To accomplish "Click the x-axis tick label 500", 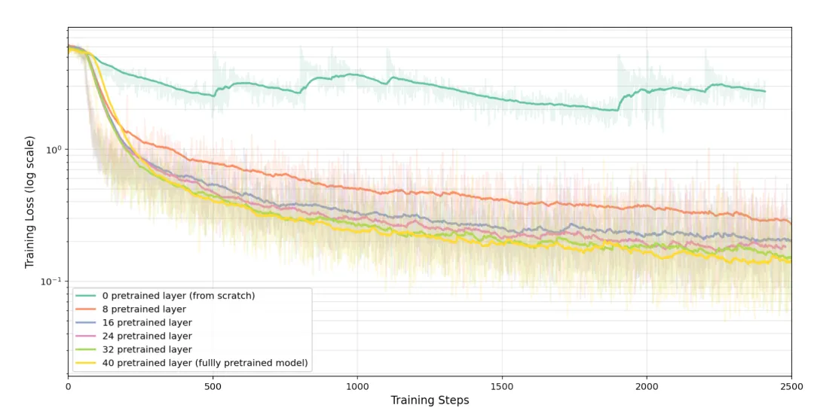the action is click(213, 387).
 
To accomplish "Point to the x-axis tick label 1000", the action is click(357, 387).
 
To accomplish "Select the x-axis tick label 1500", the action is click(502, 387).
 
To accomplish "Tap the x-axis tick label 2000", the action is click(647, 387).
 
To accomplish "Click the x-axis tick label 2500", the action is click(791, 387).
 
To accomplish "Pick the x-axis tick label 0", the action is click(68, 387).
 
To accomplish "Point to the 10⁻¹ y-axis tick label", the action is click(51, 281).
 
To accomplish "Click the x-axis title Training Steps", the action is click(430, 400).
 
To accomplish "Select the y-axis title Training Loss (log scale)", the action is click(29, 202).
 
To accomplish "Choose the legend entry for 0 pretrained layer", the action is click(165, 295).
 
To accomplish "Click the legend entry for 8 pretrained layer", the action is click(131, 309).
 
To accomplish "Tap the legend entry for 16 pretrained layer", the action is click(134, 322).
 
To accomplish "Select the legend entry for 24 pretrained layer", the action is click(134, 336).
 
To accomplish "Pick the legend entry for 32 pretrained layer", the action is click(134, 349).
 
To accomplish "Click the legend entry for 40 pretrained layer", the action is click(191, 363).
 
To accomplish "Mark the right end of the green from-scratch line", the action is click(765, 91).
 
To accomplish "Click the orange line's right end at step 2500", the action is click(791, 224).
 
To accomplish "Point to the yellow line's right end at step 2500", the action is click(791, 262).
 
